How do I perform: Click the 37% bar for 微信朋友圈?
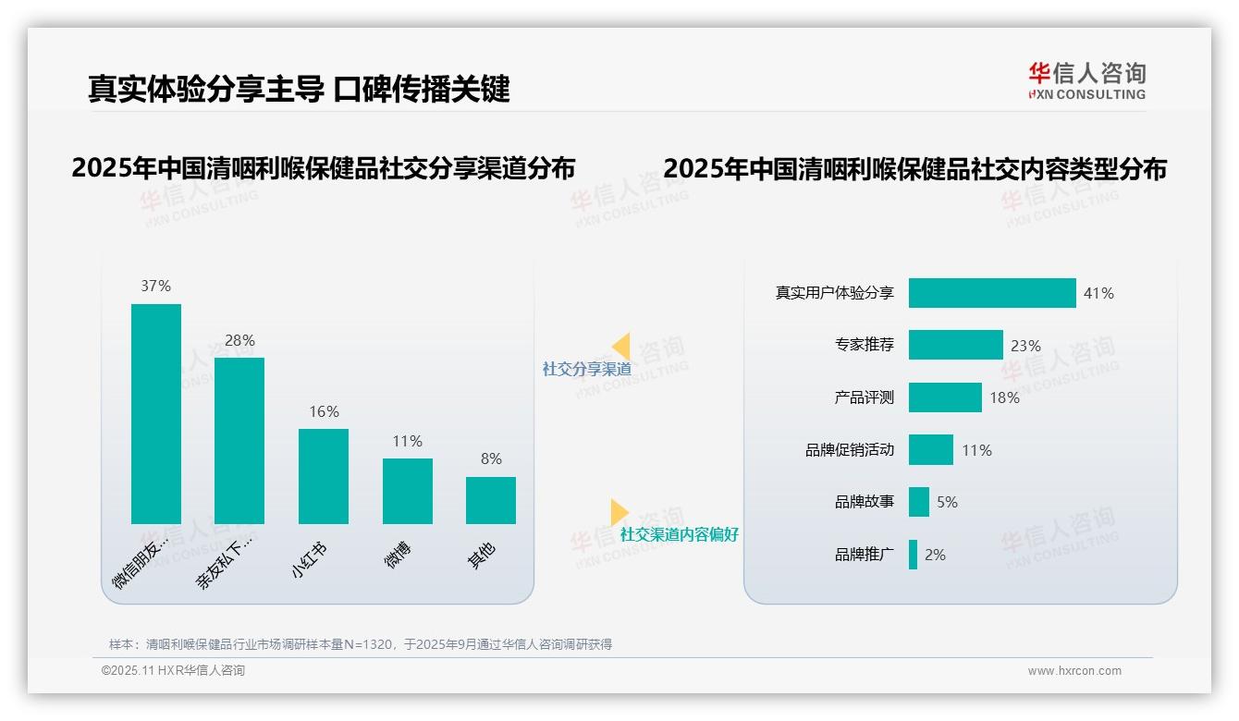[x=156, y=413]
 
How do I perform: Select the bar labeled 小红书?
[x=324, y=476]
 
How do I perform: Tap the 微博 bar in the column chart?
[x=408, y=491]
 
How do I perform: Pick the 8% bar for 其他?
[x=491, y=500]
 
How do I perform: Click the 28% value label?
[x=239, y=340]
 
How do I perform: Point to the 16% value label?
[x=324, y=411]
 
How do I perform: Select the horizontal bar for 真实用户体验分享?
[x=992, y=293]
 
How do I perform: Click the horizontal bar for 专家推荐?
[x=955, y=345]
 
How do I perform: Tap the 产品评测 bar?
[x=945, y=397]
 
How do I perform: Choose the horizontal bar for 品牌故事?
[x=919, y=502]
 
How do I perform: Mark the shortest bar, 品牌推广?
[x=914, y=555]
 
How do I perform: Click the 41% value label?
[x=1098, y=293]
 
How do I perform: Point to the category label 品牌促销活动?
[x=850, y=450]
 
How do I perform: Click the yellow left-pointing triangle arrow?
[x=621, y=346]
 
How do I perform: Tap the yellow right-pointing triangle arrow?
[x=619, y=512]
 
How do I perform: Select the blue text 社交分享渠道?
[x=587, y=369]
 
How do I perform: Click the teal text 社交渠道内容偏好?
[x=680, y=534]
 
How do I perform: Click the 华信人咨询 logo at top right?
[x=1086, y=80]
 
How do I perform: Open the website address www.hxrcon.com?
[x=1074, y=671]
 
